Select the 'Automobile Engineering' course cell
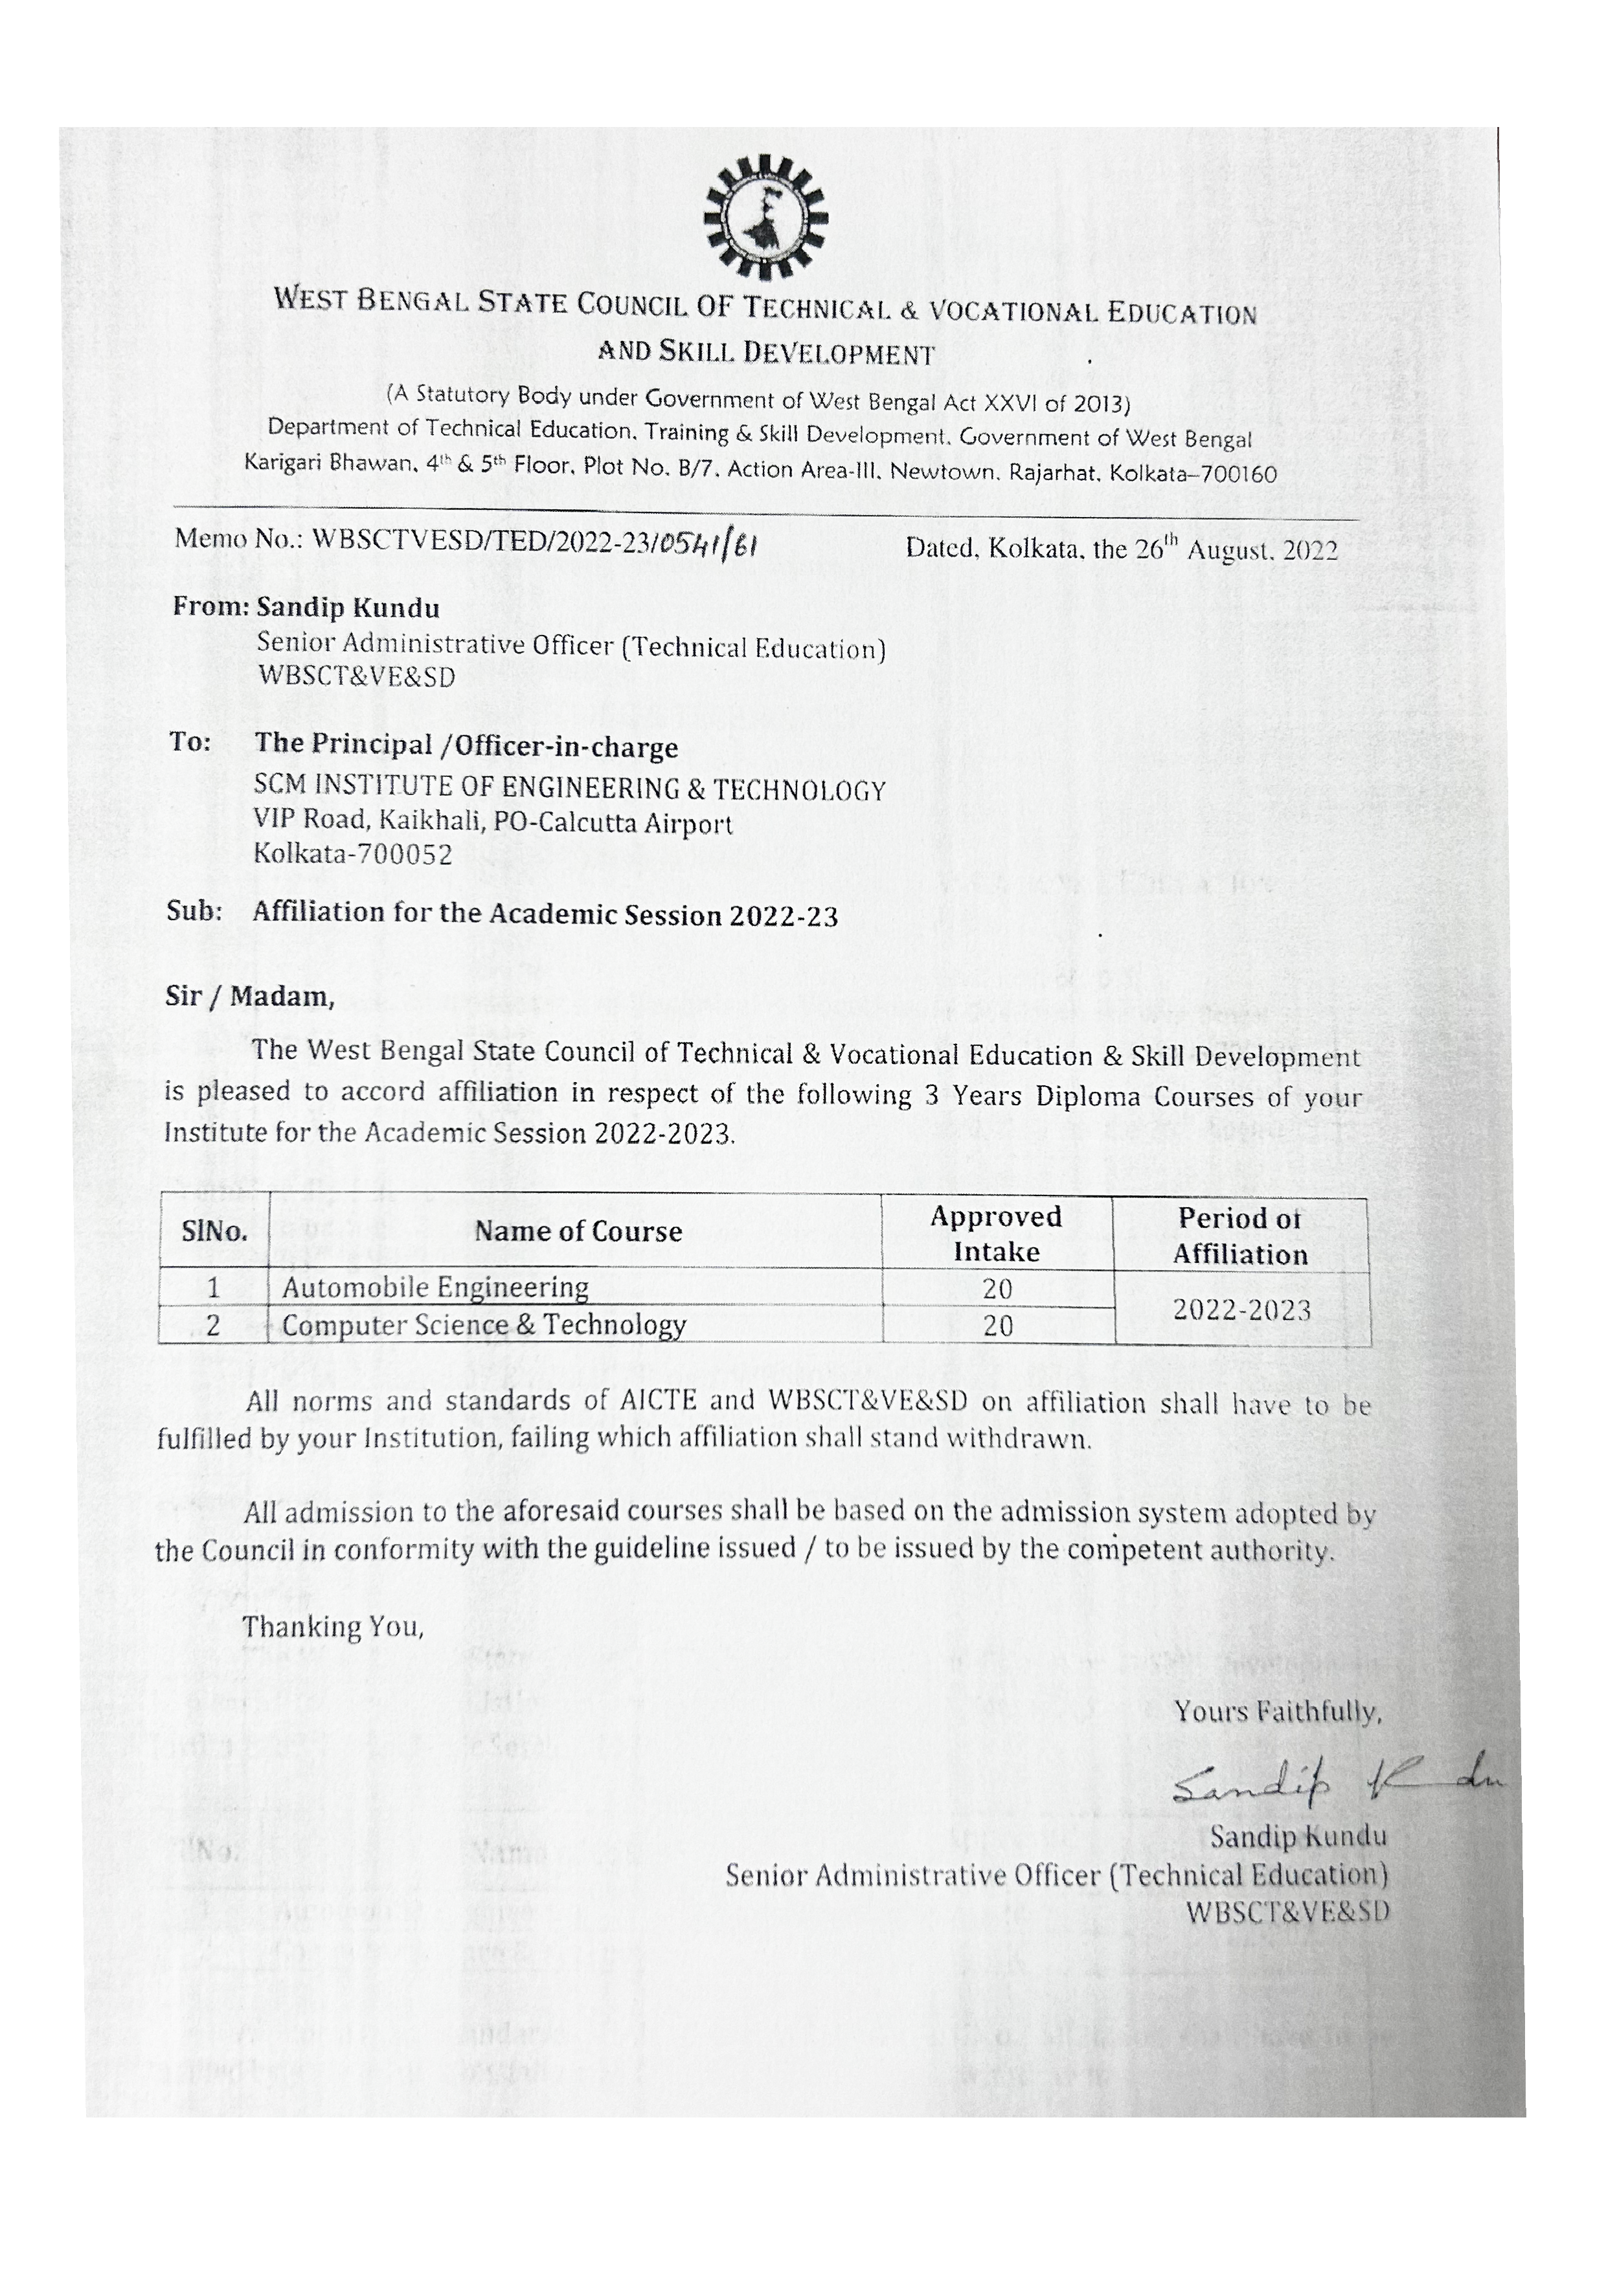pyautogui.click(x=435, y=1287)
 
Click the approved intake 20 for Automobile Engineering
pyautogui.click(x=997, y=1288)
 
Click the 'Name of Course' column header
pyautogui.click(x=578, y=1232)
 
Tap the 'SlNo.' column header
pyautogui.click(x=214, y=1232)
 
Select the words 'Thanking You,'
pyautogui.click(x=334, y=1626)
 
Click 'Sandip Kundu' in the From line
pyautogui.click(x=347, y=607)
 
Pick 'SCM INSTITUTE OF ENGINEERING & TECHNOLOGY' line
pyautogui.click(x=569, y=789)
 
